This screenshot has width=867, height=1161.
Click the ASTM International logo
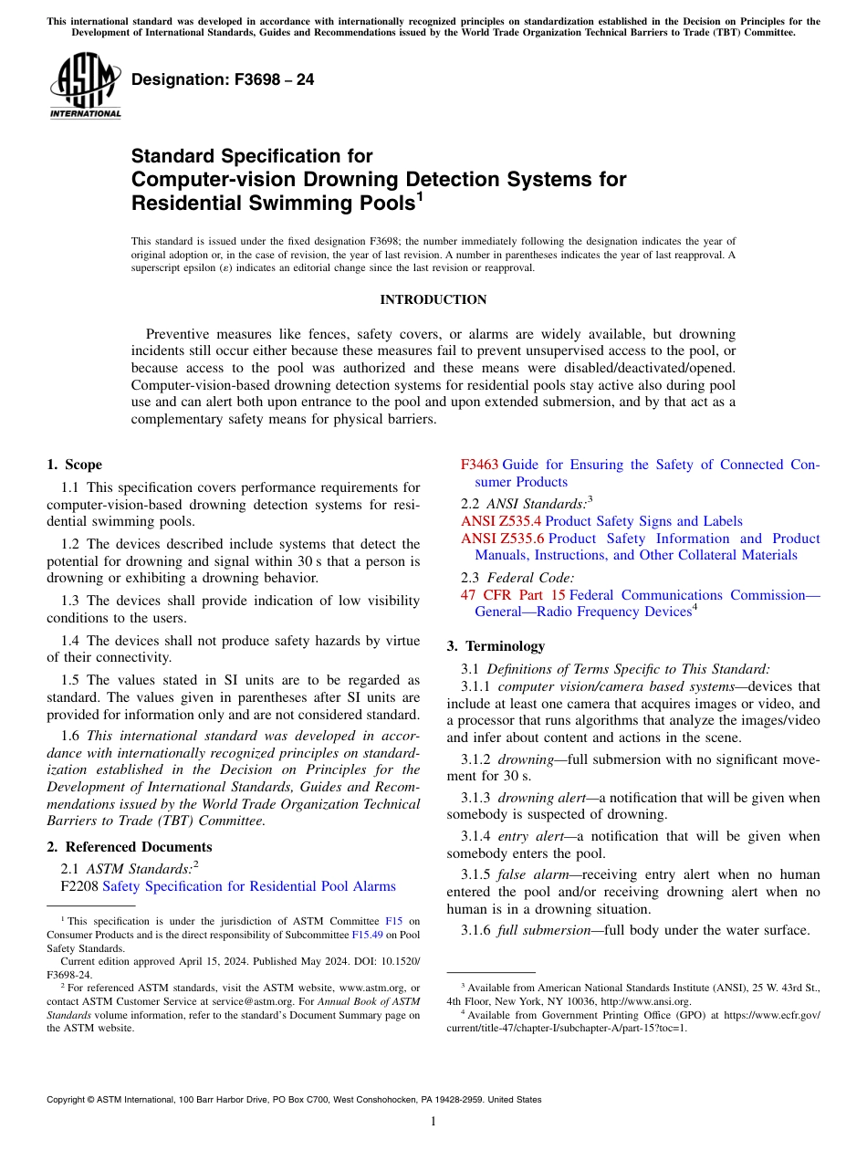pos(85,86)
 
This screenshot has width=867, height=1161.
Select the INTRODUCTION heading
pos(433,299)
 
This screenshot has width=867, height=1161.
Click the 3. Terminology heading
pos(496,645)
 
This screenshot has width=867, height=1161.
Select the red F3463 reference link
pos(479,465)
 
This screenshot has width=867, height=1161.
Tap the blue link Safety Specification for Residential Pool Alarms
pos(249,886)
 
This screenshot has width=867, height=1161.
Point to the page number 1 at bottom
pos(433,1121)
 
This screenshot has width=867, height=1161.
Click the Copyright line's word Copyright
pos(69,1100)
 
